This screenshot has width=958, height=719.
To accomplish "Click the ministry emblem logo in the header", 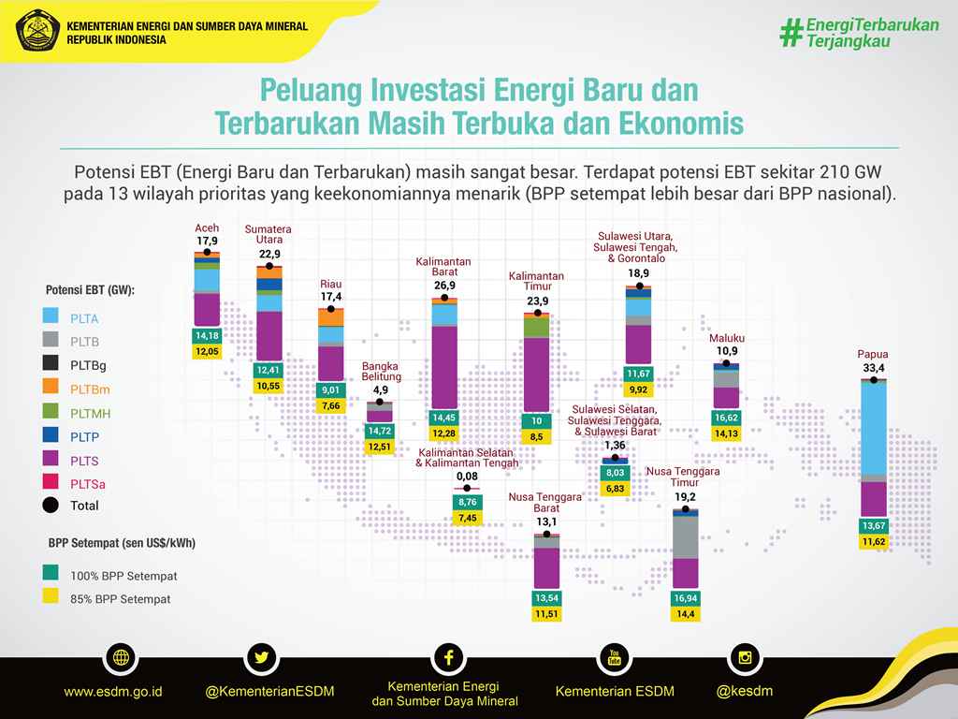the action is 37,30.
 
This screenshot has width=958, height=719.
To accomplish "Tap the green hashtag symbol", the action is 791,33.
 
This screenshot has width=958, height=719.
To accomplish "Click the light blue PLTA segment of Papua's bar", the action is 874,428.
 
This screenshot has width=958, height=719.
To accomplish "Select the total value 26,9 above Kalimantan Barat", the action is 444,286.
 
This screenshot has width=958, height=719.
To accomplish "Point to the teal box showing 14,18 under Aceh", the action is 207,336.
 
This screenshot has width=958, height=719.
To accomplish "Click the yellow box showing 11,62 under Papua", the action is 874,542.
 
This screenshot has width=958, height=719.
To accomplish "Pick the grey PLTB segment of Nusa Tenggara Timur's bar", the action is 686,537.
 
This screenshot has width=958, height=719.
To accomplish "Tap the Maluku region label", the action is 727,338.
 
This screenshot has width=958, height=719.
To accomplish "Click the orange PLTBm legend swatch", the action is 51,387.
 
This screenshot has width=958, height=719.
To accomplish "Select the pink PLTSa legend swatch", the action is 51,482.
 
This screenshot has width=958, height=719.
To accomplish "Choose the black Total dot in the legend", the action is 51,505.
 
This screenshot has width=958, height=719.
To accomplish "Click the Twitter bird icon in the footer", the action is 262,658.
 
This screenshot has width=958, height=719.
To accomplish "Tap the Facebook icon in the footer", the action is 448,658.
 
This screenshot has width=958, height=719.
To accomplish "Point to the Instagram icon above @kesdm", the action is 745,658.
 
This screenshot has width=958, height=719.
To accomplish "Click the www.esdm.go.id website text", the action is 113,692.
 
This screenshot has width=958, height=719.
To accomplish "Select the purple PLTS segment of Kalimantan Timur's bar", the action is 537,374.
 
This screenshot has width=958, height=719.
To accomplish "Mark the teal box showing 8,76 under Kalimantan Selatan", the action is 468,502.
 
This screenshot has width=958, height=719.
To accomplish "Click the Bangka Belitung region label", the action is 381,372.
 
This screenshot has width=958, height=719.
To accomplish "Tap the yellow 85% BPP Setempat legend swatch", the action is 51,596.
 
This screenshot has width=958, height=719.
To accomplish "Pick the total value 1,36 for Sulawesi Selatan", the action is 615,445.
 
